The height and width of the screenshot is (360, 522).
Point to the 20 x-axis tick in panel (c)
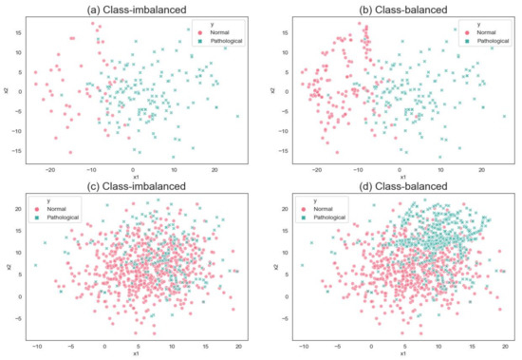pos(238,346)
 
